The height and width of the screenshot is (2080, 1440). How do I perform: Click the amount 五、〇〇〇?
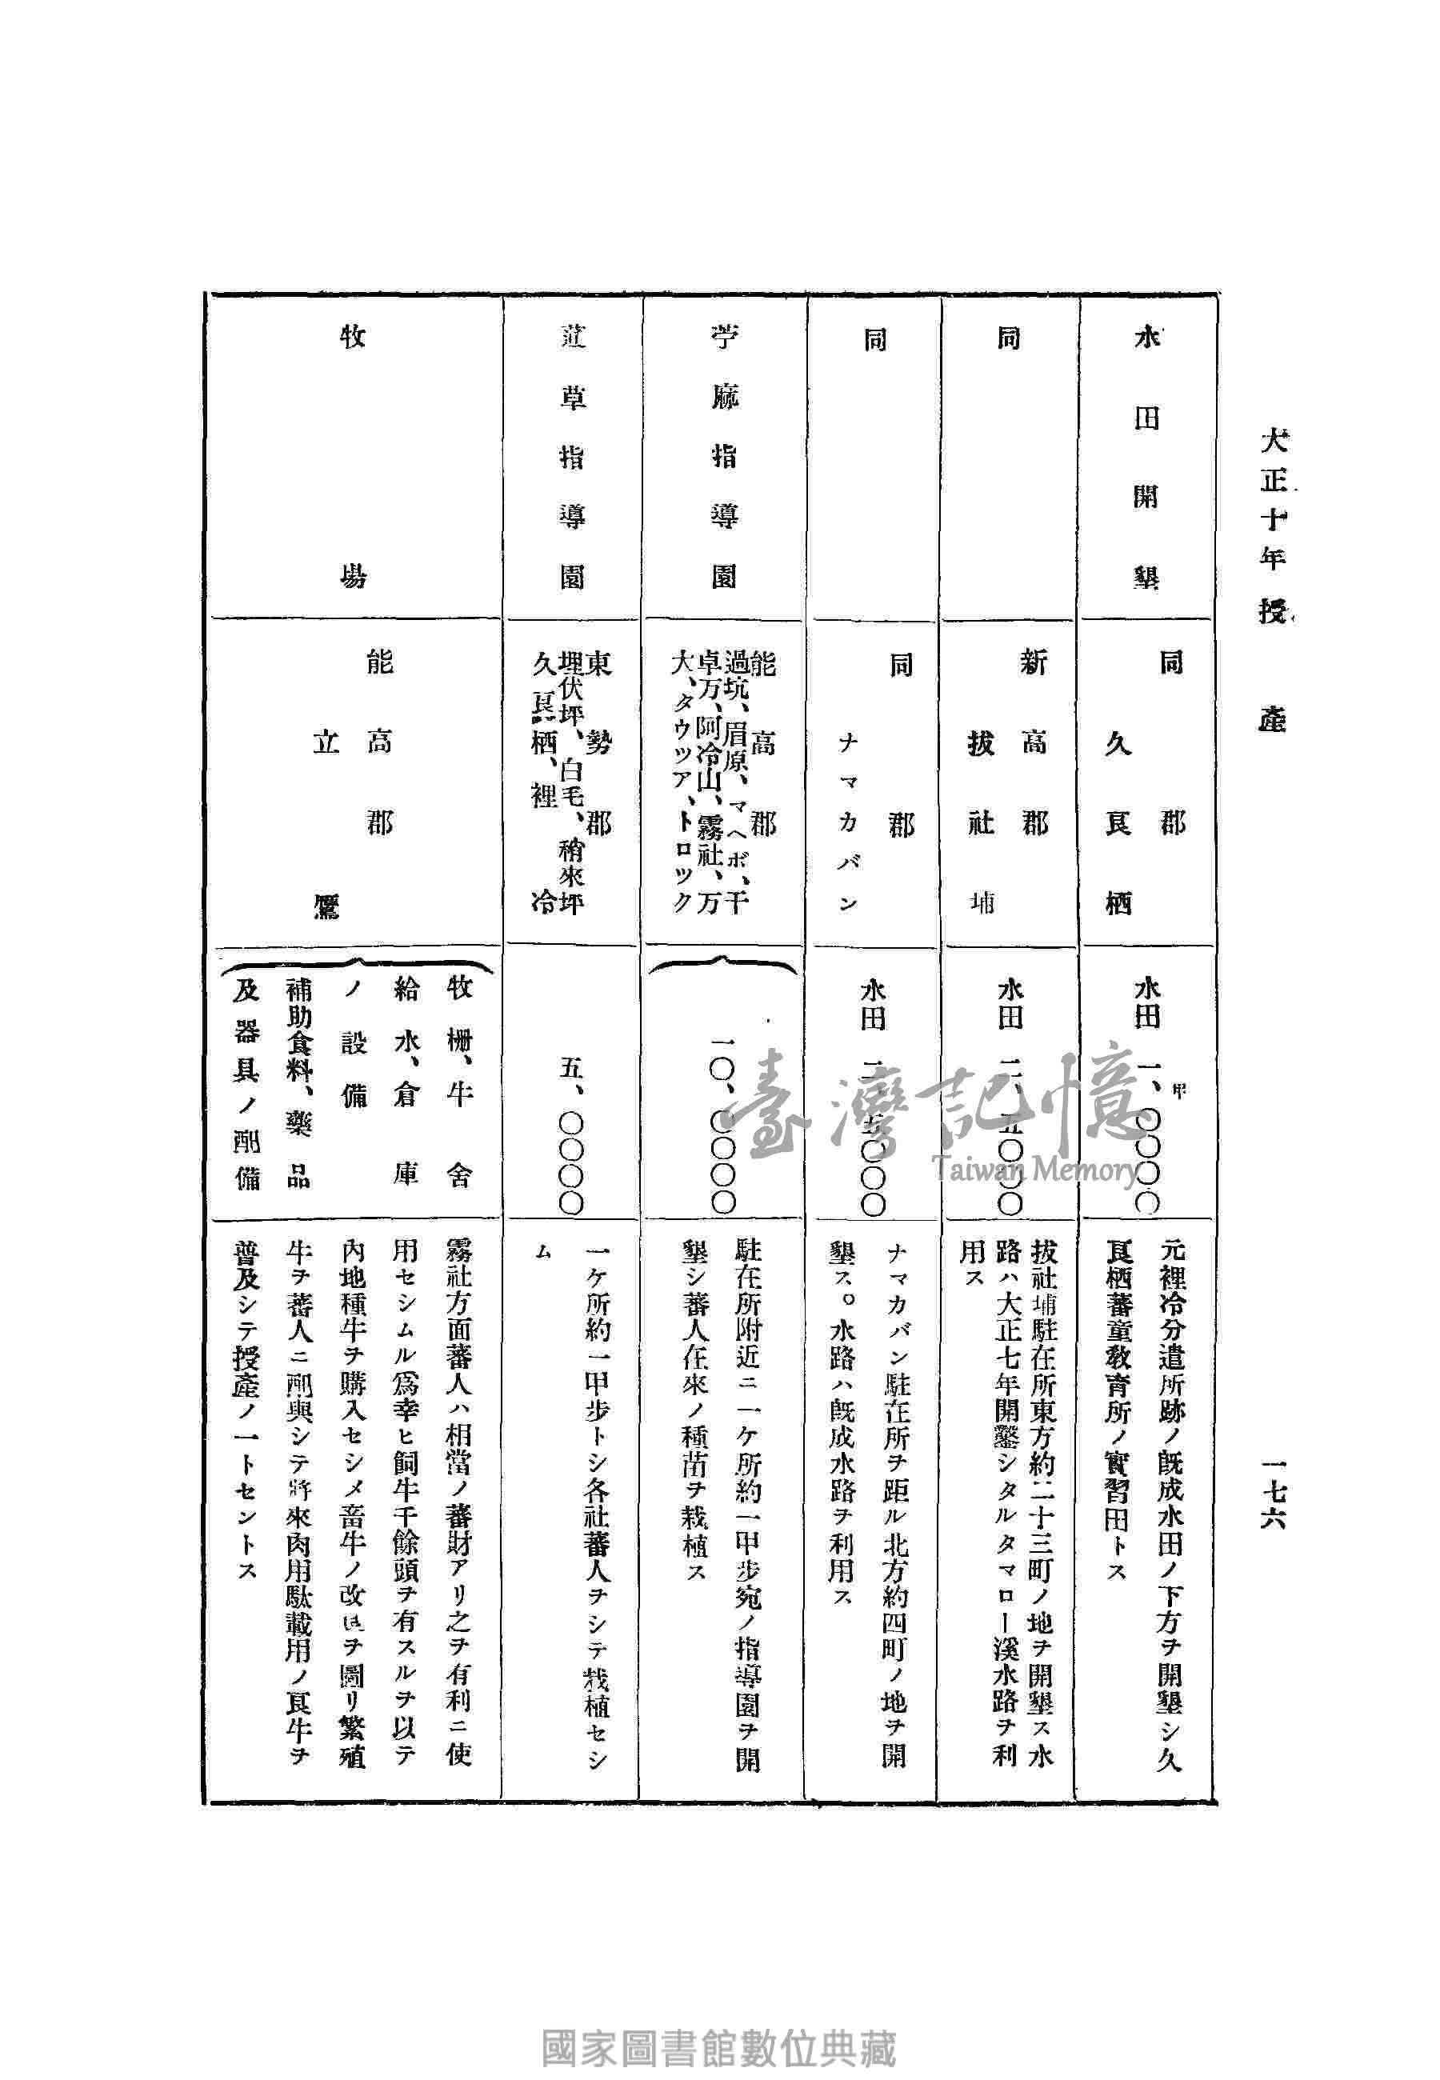(x=573, y=1137)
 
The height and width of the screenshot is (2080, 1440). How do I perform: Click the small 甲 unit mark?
(x=1178, y=1090)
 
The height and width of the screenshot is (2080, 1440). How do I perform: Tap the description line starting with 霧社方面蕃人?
(x=458, y=1506)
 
